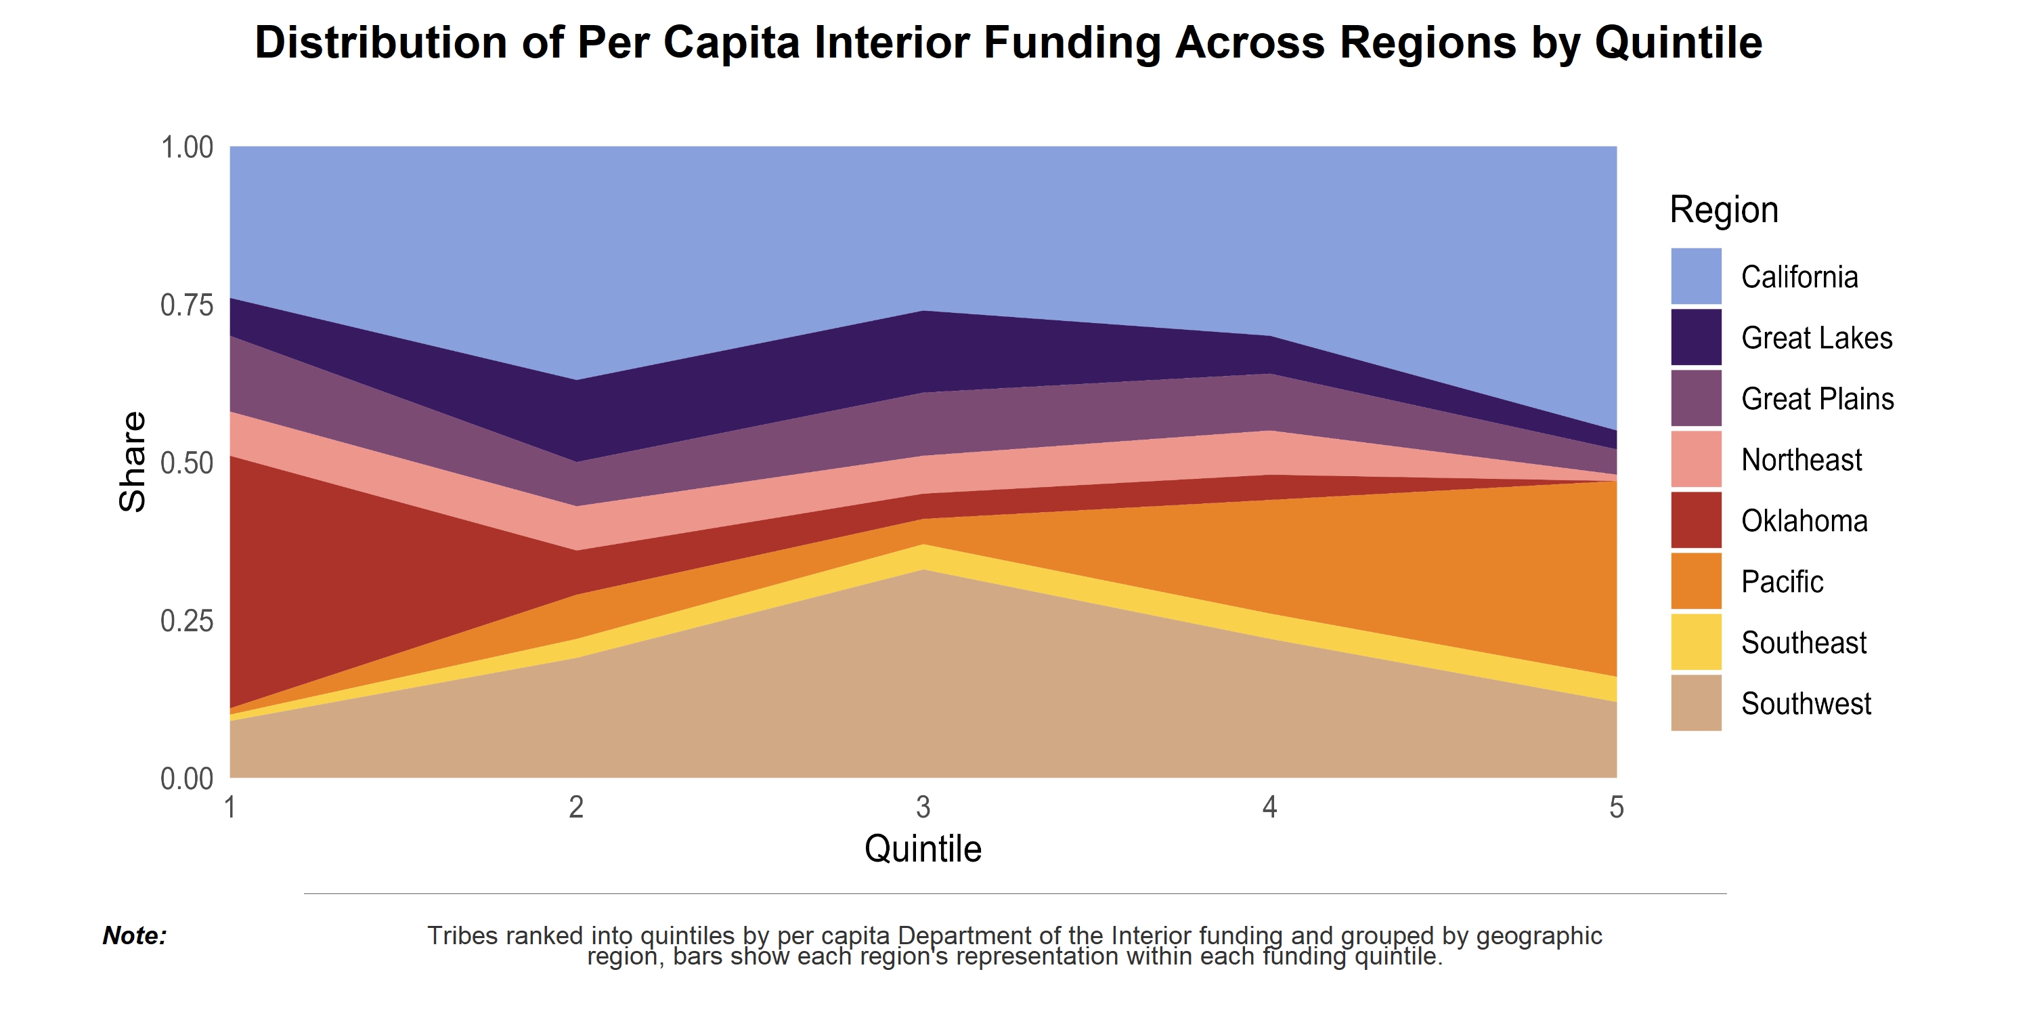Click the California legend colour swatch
pyautogui.click(x=1695, y=276)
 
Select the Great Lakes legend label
pyautogui.click(x=1816, y=337)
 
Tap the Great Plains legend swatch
pyautogui.click(x=1695, y=398)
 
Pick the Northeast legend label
pyautogui.click(x=1801, y=460)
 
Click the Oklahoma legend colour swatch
pyautogui.click(x=1695, y=521)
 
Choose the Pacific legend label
pyautogui.click(x=1782, y=582)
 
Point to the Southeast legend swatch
pyautogui.click(x=1695, y=643)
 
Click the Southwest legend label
pyautogui.click(x=1806, y=704)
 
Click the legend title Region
pyautogui.click(x=1724, y=210)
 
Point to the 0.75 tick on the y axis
pyautogui.click(x=187, y=305)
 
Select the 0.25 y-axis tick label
pyautogui.click(x=187, y=621)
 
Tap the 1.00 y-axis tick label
pyautogui.click(x=187, y=148)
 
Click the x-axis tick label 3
pyautogui.click(x=923, y=807)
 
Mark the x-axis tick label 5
pyautogui.click(x=1616, y=807)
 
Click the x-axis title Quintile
pyautogui.click(x=923, y=849)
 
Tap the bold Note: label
pyautogui.click(x=135, y=935)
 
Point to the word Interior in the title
pyautogui.click(x=891, y=43)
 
